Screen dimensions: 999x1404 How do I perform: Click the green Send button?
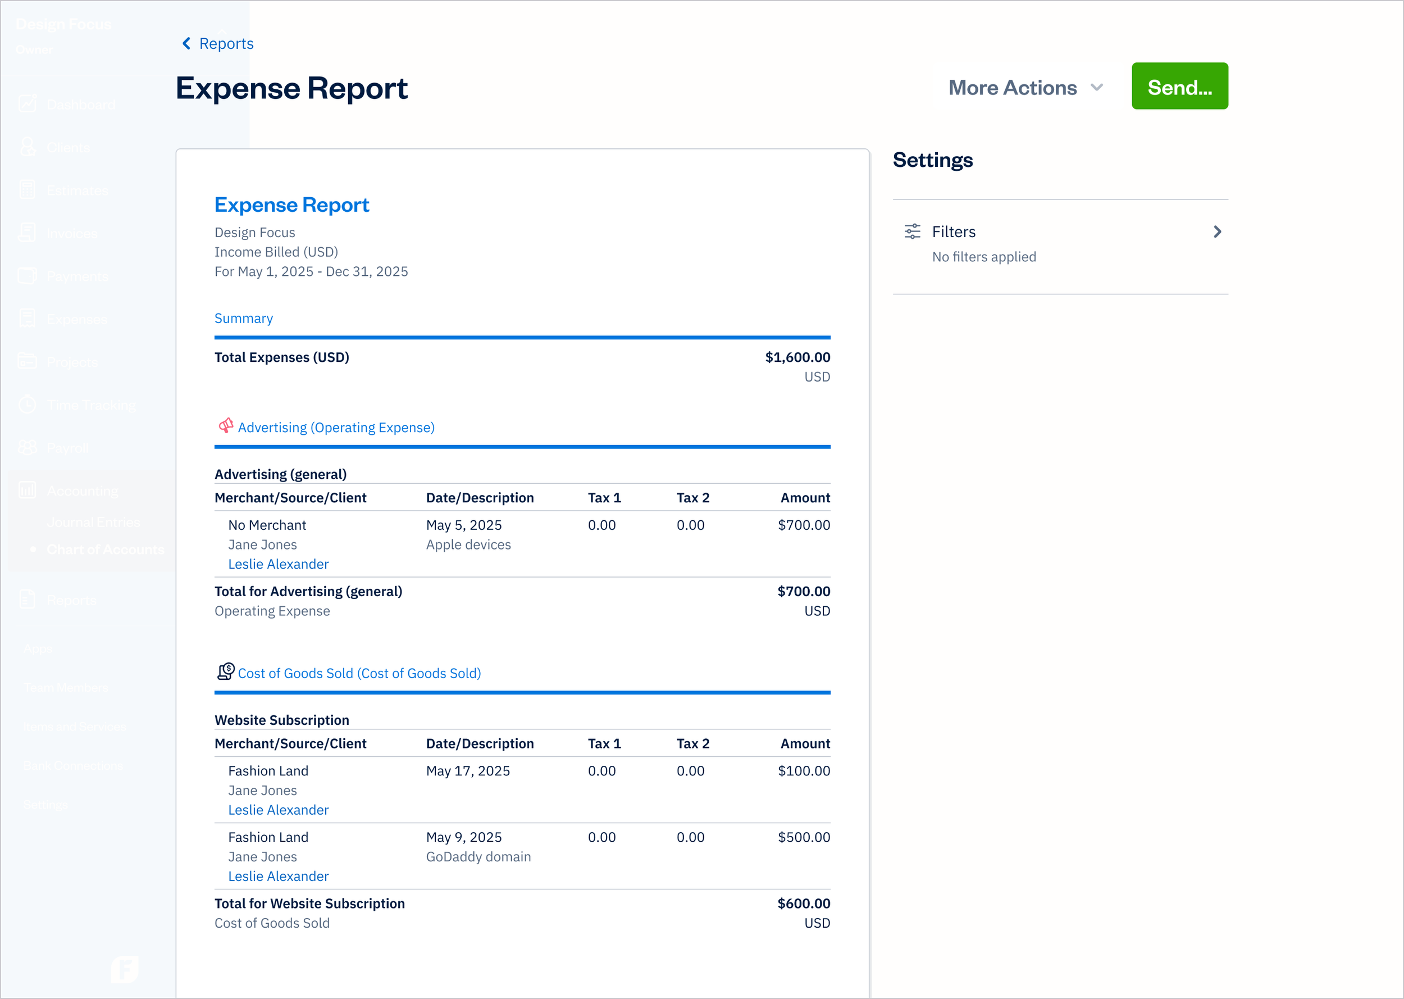click(1179, 87)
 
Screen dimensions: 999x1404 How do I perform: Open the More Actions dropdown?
click(1025, 87)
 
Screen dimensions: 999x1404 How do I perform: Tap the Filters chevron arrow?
click(1216, 232)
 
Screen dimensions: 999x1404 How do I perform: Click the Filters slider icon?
click(912, 232)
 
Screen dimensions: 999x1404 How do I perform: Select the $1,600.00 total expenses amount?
click(797, 357)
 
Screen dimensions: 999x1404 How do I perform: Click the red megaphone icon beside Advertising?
click(226, 426)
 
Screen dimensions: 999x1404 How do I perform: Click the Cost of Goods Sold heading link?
click(359, 673)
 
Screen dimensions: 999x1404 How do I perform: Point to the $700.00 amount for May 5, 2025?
click(803, 525)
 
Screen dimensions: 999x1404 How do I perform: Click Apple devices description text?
click(468, 545)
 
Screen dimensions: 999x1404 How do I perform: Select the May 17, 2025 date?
click(467, 771)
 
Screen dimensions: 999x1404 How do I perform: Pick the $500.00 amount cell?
click(803, 837)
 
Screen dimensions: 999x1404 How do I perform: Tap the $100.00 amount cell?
click(803, 771)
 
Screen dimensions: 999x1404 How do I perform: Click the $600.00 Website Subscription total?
click(803, 903)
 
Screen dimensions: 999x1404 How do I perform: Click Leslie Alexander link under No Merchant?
click(278, 564)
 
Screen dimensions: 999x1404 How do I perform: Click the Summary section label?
click(243, 319)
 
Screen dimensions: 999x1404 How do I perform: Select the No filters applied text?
click(983, 257)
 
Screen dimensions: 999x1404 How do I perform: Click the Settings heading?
click(932, 160)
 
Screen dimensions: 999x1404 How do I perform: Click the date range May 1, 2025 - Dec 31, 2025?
click(311, 272)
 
